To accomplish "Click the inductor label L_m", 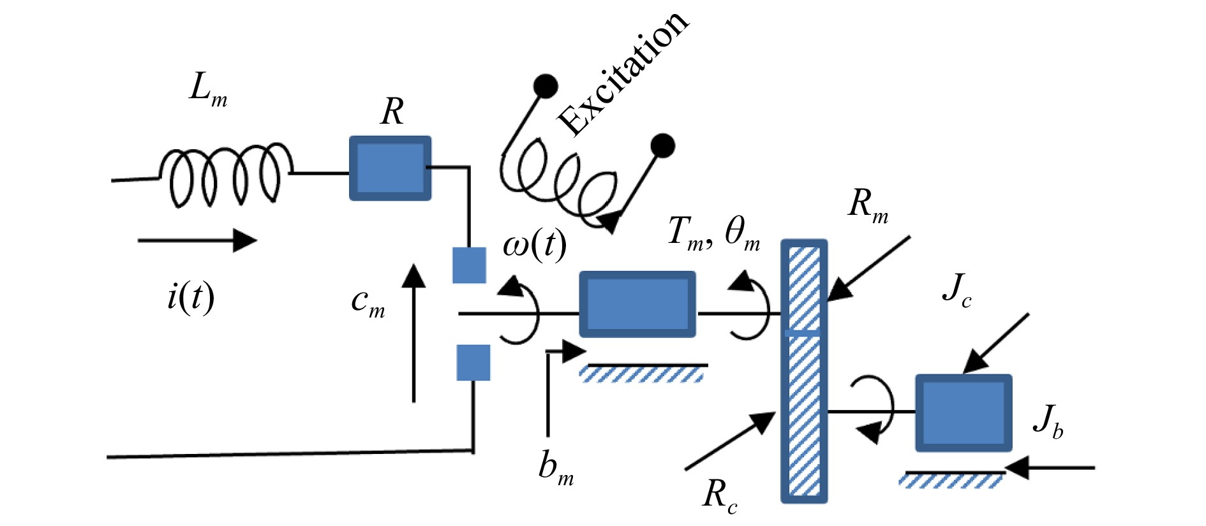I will [x=208, y=90].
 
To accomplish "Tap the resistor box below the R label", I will [x=390, y=168].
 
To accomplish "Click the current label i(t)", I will [x=190, y=297].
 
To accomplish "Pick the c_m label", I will [x=368, y=301].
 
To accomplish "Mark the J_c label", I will [x=957, y=290].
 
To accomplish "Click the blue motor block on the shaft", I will [x=637, y=305].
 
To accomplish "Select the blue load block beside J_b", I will [x=964, y=413].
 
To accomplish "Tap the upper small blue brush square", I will [x=469, y=265].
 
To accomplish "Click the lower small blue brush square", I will [x=473, y=362].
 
